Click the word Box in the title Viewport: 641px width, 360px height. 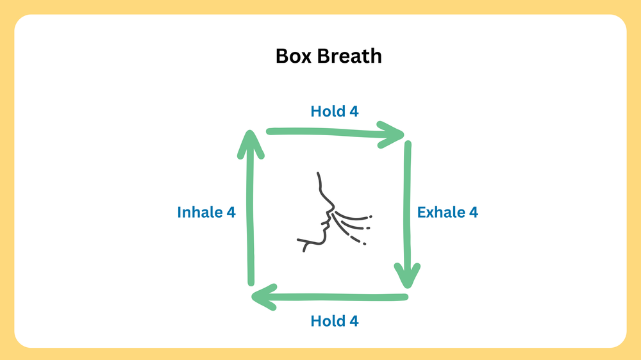pyautogui.click(x=292, y=56)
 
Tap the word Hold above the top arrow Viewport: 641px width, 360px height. pyautogui.click(x=327, y=111)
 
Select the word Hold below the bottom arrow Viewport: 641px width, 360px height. pyautogui.click(x=327, y=321)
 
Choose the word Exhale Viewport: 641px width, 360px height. pyautogui.click(x=441, y=212)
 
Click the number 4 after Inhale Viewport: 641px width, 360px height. pyautogui.click(x=231, y=212)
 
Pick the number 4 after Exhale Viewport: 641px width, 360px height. pyautogui.click(x=473, y=212)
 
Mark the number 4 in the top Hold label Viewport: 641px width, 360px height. pyautogui.click(x=354, y=111)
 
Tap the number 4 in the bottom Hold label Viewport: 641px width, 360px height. pyautogui.click(x=354, y=321)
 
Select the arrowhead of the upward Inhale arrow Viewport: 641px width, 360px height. pyautogui.click(x=251, y=142)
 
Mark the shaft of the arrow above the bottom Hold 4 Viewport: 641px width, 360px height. pyautogui.click(x=333, y=297)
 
